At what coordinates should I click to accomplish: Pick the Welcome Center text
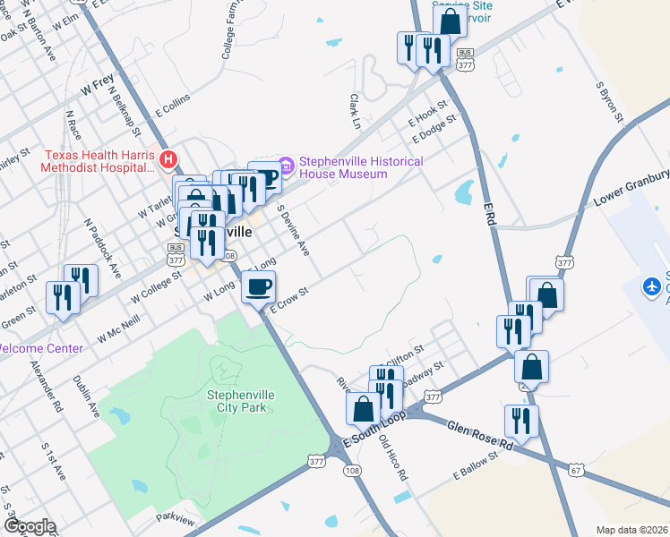tap(41, 348)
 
